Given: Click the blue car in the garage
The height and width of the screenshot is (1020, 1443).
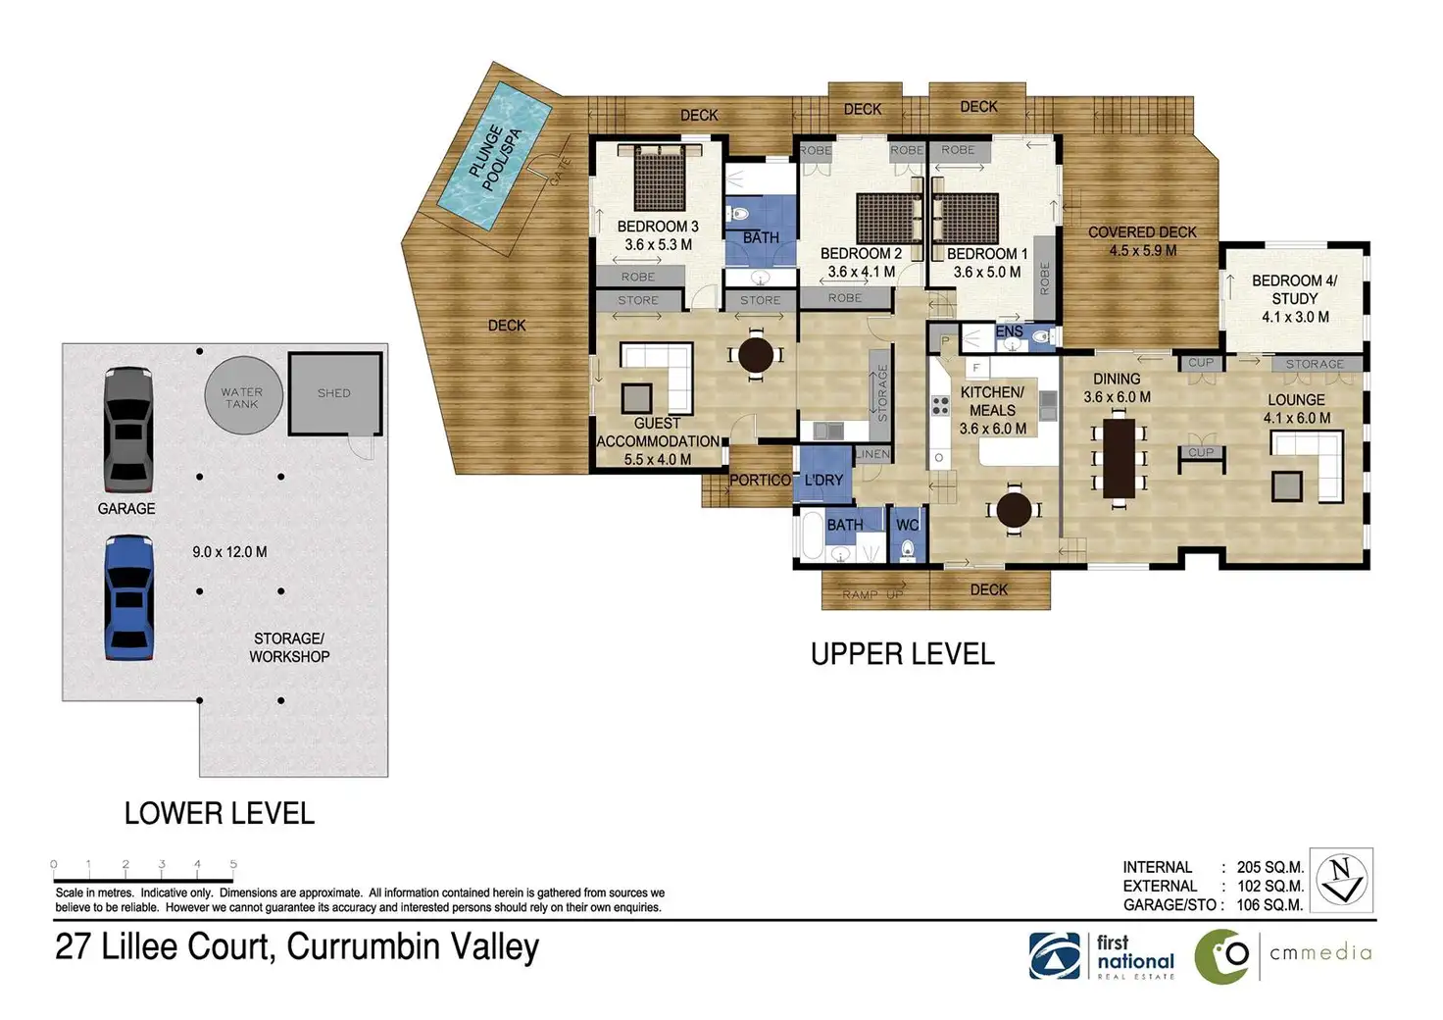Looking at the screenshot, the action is tap(128, 598).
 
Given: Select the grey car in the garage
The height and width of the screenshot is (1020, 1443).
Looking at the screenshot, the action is tap(128, 430).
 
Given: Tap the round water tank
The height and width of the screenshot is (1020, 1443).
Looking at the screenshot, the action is tap(243, 395).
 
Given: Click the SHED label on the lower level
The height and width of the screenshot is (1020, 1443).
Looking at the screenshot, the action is tap(333, 393).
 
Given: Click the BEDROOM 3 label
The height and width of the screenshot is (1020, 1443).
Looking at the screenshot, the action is tap(658, 227).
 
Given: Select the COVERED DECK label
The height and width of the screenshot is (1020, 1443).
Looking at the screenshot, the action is tap(1142, 232).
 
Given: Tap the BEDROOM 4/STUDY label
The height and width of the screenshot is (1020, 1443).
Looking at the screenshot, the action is tap(1295, 289).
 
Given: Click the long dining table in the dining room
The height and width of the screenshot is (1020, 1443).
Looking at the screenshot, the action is tap(1119, 458).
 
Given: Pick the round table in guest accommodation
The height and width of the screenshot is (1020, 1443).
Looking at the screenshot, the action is tap(756, 354).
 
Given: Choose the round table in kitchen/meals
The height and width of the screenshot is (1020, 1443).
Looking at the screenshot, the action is tap(1014, 510).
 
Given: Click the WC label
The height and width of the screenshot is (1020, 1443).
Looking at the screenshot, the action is tap(908, 525).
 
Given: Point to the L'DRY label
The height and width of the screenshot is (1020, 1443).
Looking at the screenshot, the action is tap(823, 480).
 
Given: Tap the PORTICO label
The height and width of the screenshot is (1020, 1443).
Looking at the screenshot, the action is tap(760, 480).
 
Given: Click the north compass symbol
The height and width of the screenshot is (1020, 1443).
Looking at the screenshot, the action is tap(1341, 880).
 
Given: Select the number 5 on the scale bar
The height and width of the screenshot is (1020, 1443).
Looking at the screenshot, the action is tap(233, 864).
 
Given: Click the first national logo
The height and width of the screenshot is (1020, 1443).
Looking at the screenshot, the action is tap(1102, 957).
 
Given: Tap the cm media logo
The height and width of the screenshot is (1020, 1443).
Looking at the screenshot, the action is tap(1283, 955).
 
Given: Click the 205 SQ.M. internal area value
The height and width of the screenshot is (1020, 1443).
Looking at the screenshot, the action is tap(1270, 867).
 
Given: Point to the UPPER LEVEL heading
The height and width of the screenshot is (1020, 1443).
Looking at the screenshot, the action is tap(903, 654).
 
